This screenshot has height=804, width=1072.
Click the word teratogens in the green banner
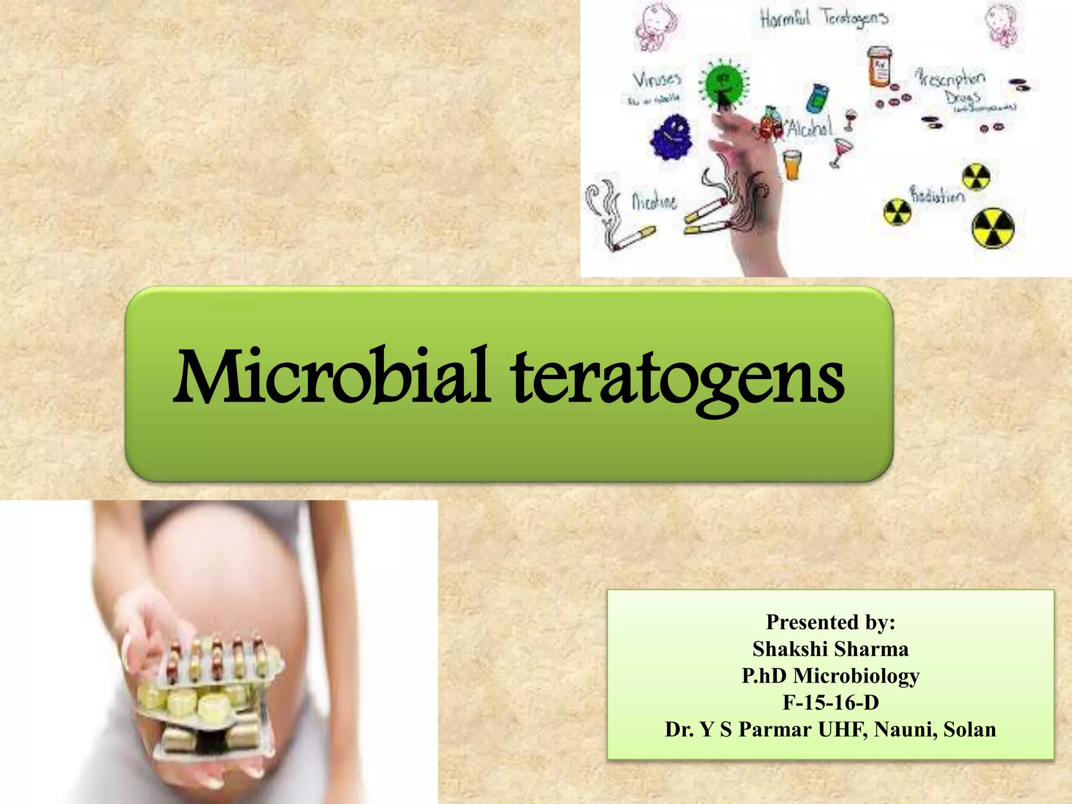point(678,379)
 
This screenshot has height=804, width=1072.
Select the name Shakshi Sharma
point(830,649)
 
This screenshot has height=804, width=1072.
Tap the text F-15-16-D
point(830,702)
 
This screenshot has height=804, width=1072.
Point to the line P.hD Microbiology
point(830,676)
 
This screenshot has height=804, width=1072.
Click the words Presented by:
point(830,622)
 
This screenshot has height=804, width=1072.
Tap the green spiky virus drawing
point(723,84)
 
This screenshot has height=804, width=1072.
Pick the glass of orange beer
point(792,164)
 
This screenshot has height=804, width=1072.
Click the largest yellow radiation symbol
point(993,228)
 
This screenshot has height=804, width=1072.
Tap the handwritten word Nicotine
point(654,202)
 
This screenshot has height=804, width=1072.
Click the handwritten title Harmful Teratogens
point(824,19)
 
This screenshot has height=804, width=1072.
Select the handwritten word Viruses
point(657,80)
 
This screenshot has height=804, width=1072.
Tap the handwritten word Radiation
point(937,195)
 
